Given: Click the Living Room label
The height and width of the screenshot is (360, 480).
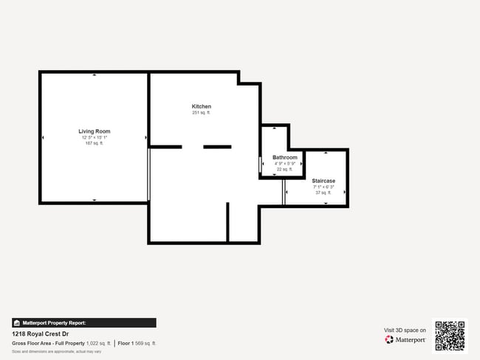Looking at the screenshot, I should point(95,131).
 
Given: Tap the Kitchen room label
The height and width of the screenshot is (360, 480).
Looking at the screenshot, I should point(202,106).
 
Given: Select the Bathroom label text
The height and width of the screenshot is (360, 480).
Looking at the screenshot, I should point(285,157).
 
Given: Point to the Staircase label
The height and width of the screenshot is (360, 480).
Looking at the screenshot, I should point(323,181).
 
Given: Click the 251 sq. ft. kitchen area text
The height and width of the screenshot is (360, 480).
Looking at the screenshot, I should point(202,113).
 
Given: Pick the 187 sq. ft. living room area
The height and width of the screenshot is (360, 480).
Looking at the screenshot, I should point(95,143).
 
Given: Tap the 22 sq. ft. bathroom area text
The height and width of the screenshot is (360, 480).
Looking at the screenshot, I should point(285,169).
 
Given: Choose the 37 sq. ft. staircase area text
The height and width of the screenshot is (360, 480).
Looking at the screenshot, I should point(323,193).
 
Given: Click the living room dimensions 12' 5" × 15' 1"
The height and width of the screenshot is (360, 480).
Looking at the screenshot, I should point(95,137).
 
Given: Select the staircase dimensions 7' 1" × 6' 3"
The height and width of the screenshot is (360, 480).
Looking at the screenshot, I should point(323,187).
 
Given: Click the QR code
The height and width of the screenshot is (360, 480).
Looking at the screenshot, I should point(450,336).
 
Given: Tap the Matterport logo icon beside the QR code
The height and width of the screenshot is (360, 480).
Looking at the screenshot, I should point(389,340).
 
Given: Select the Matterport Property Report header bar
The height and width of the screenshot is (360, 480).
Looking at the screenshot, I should point(83,322).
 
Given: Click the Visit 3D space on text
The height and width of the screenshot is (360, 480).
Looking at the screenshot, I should point(405,330).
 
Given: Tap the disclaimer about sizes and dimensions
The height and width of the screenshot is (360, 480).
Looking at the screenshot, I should point(57,351).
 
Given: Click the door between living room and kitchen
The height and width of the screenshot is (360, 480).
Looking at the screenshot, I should point(149,174).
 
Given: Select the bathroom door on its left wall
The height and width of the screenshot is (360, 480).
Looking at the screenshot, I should point(260,165).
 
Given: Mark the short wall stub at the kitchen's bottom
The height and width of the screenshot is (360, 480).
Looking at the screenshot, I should point(227,222).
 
